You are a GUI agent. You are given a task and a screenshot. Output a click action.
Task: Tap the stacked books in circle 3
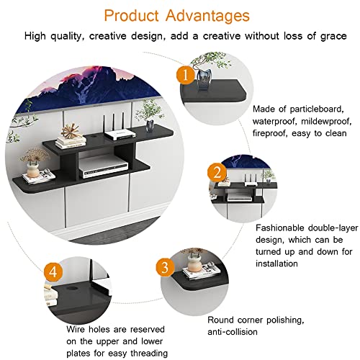coord(194,272)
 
